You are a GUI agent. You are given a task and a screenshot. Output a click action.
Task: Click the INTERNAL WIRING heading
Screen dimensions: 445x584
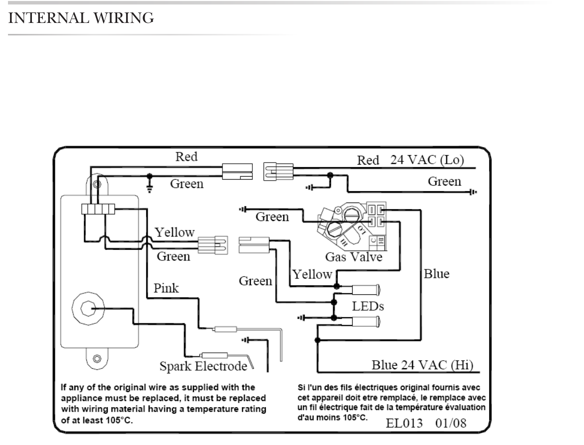[81, 18]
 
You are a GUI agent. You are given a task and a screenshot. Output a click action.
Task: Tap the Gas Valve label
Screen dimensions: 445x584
[354, 257]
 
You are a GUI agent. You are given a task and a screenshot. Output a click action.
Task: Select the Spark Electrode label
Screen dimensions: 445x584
[203, 366]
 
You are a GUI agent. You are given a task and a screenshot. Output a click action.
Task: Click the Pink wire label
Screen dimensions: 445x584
[166, 288]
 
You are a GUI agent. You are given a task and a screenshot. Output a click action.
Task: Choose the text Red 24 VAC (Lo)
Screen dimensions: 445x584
[410, 160]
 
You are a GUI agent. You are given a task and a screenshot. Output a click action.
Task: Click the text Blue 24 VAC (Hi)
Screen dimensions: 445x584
[422, 365]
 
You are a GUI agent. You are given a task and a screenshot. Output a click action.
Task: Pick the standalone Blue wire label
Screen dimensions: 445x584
[436, 273]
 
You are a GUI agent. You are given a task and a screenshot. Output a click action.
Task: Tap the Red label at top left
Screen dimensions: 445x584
[187, 157]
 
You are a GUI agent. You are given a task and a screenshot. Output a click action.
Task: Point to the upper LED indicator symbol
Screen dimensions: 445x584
[366, 289]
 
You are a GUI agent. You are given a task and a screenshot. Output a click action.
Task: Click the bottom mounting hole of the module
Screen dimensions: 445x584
[97, 359]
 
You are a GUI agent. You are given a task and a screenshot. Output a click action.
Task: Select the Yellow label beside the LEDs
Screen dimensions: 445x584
[312, 274]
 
